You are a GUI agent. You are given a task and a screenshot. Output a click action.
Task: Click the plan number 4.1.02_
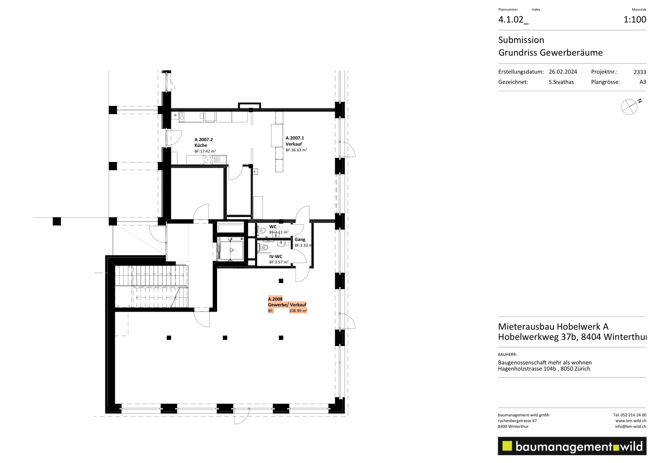point(513,20)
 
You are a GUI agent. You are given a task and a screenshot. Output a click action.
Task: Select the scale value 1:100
point(635,20)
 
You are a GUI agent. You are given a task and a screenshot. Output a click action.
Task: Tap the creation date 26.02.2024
point(563,72)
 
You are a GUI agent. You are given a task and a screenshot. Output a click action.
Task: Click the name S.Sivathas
point(561,82)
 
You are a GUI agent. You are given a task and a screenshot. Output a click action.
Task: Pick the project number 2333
point(640,72)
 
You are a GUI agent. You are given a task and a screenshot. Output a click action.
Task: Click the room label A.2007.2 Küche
point(204,142)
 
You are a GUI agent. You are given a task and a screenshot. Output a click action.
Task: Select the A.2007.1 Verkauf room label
point(295,141)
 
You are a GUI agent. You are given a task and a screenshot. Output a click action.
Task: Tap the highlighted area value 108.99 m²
point(298,311)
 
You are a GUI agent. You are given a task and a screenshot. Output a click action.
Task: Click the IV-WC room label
point(275,256)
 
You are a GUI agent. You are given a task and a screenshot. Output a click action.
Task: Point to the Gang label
point(300,239)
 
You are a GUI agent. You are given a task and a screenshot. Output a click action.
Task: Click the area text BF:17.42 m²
point(205,151)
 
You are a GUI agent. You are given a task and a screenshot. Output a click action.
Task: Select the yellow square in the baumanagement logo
point(507,446)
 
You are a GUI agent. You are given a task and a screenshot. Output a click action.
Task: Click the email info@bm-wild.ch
point(630,427)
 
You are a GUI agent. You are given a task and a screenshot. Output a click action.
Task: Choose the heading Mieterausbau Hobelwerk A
point(553,326)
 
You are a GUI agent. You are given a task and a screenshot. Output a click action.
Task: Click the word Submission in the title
point(521,40)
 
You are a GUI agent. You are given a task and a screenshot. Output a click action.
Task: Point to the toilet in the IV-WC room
point(263,247)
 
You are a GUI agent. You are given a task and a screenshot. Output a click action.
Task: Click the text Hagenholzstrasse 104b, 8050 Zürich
point(544,369)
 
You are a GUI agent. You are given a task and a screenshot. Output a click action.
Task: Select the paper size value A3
point(643,82)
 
